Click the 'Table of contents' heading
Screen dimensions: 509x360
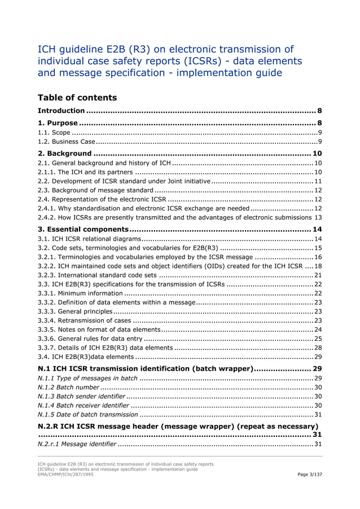(77, 98)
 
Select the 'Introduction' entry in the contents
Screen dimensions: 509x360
(62, 111)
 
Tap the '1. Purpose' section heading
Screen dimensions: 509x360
(58, 122)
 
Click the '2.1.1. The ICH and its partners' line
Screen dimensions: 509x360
(85, 172)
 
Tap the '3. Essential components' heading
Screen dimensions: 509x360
(83, 229)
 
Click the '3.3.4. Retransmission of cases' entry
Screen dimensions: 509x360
(84, 321)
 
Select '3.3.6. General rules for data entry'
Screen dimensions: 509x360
(90, 339)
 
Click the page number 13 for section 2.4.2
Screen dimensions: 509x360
(318, 217)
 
